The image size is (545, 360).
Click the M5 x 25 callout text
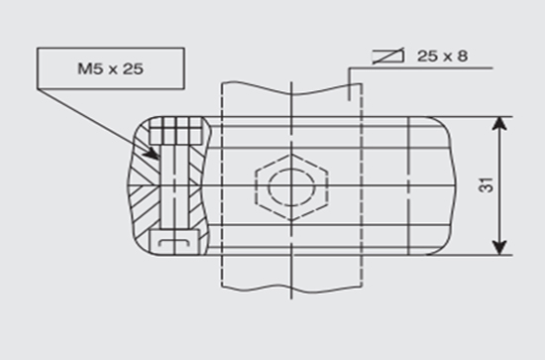pyautogui.click(x=111, y=68)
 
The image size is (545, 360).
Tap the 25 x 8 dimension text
pyautogui.click(x=442, y=56)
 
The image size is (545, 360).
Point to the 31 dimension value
pyautogui.click(x=487, y=185)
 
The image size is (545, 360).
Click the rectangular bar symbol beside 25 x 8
pyautogui.click(x=387, y=56)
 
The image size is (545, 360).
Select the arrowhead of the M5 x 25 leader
pyautogui.click(x=153, y=154)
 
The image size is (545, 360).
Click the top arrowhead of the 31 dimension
pyautogui.click(x=499, y=124)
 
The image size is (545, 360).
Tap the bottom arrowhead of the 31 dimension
pyautogui.click(x=499, y=248)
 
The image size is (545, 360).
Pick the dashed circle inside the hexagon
pyautogui.click(x=291, y=170)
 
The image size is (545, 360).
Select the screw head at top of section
pyautogui.click(x=176, y=131)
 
